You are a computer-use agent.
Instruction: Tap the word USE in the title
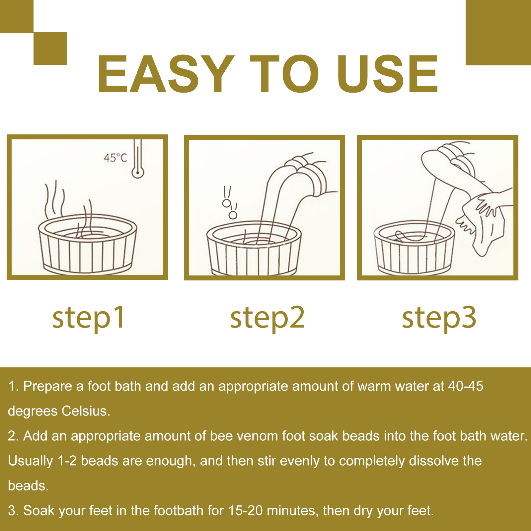[x=387, y=74]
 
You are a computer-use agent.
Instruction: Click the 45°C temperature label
[x=115, y=158]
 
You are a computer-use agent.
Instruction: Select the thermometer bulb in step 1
[x=138, y=172]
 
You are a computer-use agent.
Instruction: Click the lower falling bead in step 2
[x=233, y=215]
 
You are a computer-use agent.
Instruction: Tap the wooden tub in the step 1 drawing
[x=88, y=244]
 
